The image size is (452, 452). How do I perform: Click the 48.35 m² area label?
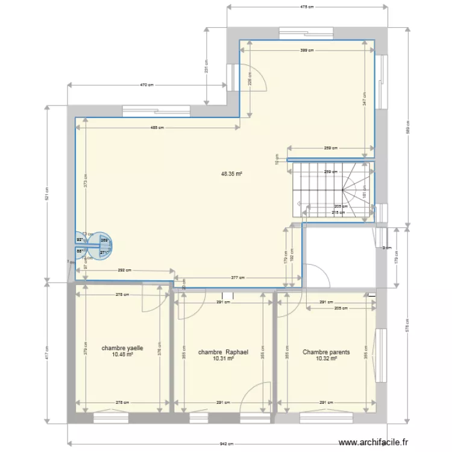pos(231,174)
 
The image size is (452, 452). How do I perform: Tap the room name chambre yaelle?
pos(122,348)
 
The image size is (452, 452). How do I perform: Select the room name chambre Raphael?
pos(223,352)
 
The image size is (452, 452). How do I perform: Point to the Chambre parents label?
pos(326,352)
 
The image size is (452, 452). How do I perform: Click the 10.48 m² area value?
pos(122,355)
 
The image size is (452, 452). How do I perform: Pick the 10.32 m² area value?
pos(326,359)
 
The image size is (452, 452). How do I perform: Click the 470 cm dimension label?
pos(147,86)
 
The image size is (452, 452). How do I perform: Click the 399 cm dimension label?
pos(307,51)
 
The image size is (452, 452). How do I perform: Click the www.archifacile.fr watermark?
pos(374,441)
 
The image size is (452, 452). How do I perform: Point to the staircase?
pos(330,190)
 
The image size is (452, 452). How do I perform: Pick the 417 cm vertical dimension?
pos(47,355)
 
